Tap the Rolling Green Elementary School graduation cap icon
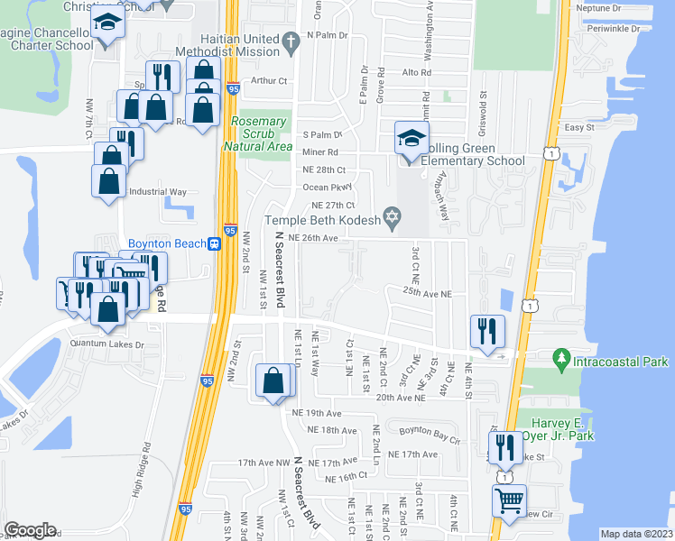[x=411, y=141]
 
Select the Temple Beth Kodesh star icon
[x=392, y=216]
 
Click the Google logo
[x=31, y=529]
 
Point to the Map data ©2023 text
[x=636, y=534]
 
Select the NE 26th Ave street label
[x=313, y=238]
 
